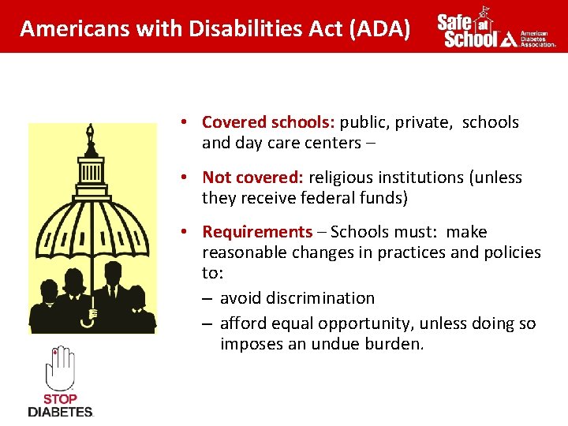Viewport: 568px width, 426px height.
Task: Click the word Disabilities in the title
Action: [246, 28]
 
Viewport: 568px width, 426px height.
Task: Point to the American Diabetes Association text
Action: [537, 39]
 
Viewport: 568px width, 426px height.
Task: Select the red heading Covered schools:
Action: [268, 122]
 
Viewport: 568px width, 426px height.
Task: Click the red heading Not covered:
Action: [253, 177]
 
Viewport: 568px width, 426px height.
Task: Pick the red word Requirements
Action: [257, 231]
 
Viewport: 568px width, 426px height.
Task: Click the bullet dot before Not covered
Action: [184, 177]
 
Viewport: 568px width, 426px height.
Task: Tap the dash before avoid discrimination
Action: [207, 299]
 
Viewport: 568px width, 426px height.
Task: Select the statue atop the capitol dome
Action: [90, 134]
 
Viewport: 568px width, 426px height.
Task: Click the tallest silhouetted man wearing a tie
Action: [113, 295]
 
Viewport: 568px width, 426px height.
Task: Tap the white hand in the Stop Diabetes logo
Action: [60, 368]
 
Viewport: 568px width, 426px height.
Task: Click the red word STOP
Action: [60, 399]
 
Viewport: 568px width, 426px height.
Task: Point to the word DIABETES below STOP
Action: [61, 412]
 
